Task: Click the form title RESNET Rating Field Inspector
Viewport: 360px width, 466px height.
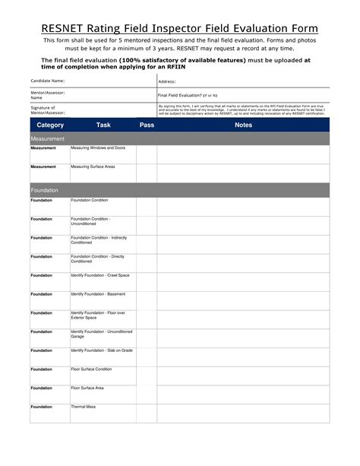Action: [x=180, y=29]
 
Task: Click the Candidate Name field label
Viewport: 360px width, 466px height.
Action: [x=47, y=81]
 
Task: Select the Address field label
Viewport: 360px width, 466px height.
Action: [x=167, y=81]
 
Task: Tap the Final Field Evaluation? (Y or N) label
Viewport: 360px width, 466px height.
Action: [x=187, y=95]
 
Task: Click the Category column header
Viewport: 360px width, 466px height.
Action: [x=50, y=125]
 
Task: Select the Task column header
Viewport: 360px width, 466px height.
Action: [x=103, y=125]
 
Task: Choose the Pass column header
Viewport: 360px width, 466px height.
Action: [x=147, y=125]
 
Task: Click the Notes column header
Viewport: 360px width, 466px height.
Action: [x=243, y=125]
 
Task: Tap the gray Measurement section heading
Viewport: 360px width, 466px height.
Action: [x=47, y=139]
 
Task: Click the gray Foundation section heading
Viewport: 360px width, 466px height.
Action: [x=45, y=190]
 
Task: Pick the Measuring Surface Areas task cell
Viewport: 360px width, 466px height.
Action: [x=93, y=166]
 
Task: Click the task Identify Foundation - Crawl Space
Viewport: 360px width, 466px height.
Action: [x=99, y=275]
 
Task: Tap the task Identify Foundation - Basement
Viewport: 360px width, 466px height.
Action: [x=98, y=294]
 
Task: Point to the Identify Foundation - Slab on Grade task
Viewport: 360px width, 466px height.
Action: [x=102, y=350]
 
